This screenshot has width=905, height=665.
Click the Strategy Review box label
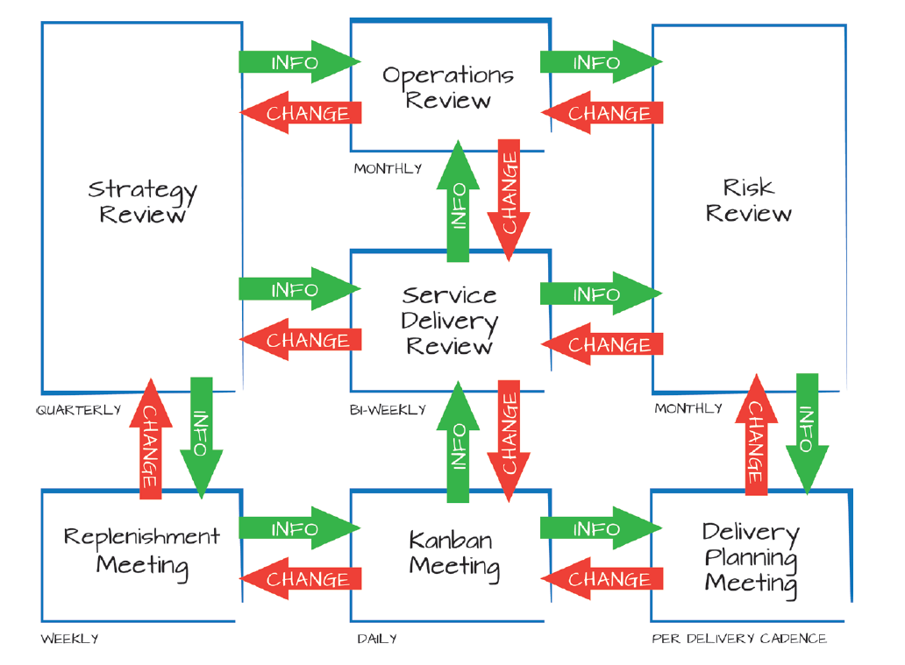point(142,202)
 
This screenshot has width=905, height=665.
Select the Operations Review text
point(447,88)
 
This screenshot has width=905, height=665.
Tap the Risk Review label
point(748,200)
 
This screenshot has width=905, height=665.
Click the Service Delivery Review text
point(449,321)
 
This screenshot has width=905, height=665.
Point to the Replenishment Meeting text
point(142,550)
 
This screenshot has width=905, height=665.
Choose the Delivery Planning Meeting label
point(751,557)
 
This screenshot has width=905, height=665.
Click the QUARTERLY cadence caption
point(79,410)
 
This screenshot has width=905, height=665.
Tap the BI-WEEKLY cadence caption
point(388,410)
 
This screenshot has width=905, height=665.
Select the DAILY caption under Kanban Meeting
point(377,639)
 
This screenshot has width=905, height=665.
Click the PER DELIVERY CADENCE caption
point(739,639)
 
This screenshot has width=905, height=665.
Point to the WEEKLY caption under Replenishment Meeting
point(69,639)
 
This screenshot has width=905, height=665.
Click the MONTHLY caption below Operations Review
point(388,168)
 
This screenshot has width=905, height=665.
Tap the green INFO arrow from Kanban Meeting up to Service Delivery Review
point(458,442)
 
